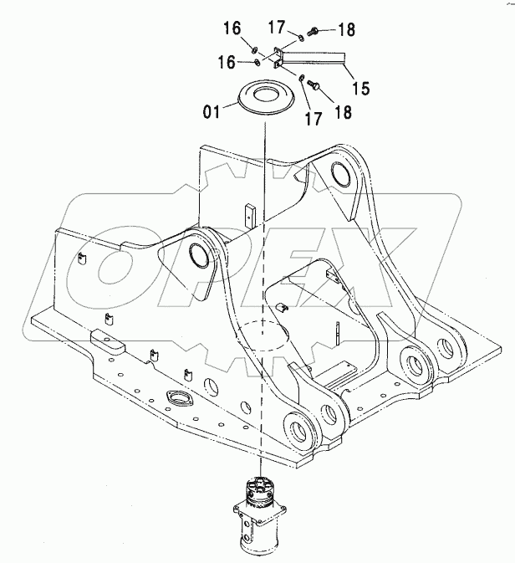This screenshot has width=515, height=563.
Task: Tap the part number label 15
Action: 360,85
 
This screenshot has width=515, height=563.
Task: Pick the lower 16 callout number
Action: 228,62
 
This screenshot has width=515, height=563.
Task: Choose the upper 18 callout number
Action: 344,30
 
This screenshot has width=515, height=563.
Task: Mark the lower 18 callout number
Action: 341,110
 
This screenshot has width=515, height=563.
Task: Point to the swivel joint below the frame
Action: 261,514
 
